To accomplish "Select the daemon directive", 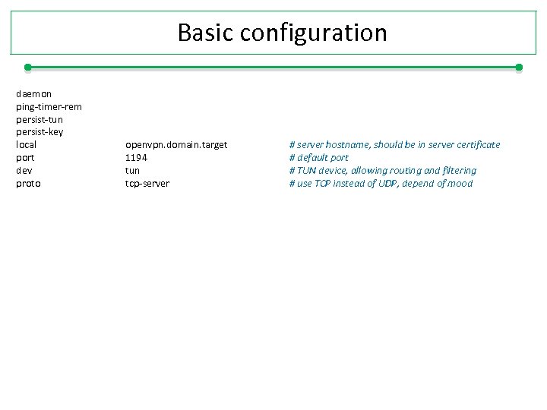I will [x=34, y=94].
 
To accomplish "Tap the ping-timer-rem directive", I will [x=49, y=107].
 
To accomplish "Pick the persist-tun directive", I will [x=40, y=120].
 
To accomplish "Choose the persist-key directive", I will [x=40, y=132].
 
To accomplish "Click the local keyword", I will [x=27, y=144].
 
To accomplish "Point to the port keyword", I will [x=25, y=157].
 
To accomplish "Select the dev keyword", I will [x=24, y=170].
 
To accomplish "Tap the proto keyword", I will [x=29, y=183].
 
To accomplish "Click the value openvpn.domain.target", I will [x=176, y=144].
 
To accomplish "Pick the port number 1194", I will [x=136, y=157].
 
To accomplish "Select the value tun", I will [x=132, y=170].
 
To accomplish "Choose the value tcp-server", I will [x=147, y=183].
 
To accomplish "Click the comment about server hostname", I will [x=394, y=144].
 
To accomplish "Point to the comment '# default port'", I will [x=318, y=157].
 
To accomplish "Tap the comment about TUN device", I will [x=382, y=170].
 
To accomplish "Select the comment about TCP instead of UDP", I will [x=380, y=183].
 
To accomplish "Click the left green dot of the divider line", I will [x=27, y=68].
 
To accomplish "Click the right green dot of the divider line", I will [x=519, y=68].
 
